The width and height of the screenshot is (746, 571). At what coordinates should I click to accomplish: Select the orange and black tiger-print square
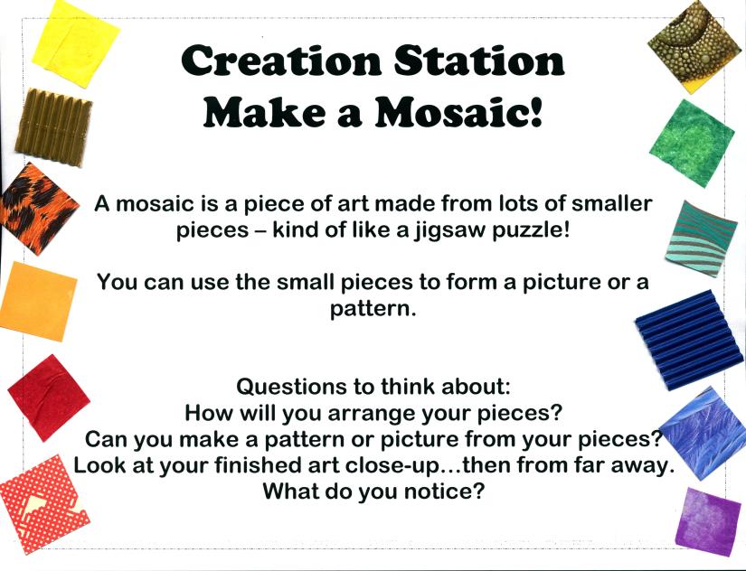[x=39, y=208]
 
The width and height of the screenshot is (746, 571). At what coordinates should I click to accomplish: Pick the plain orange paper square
[x=39, y=301]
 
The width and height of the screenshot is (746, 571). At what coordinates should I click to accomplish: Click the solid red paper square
[x=49, y=398]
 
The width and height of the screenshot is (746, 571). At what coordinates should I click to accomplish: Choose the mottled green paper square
[x=691, y=144]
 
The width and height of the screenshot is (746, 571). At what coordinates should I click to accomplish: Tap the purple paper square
[x=708, y=521]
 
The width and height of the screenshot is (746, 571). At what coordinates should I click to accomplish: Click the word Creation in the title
[x=280, y=61]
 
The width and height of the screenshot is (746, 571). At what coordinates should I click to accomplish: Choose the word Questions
[x=292, y=387]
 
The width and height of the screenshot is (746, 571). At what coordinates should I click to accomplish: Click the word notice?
[x=444, y=491]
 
